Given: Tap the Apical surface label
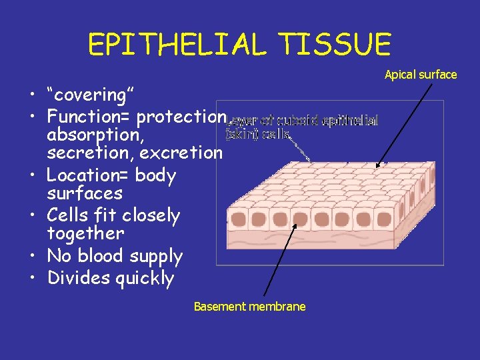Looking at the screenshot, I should click(x=421, y=75).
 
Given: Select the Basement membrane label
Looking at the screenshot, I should click(x=249, y=307).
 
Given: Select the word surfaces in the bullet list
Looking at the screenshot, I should click(x=85, y=194).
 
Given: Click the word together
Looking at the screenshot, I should click(x=85, y=233).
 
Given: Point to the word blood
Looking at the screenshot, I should click(x=101, y=257).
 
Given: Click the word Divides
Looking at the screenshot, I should click(x=78, y=278).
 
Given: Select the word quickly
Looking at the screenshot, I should click(x=144, y=279).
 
